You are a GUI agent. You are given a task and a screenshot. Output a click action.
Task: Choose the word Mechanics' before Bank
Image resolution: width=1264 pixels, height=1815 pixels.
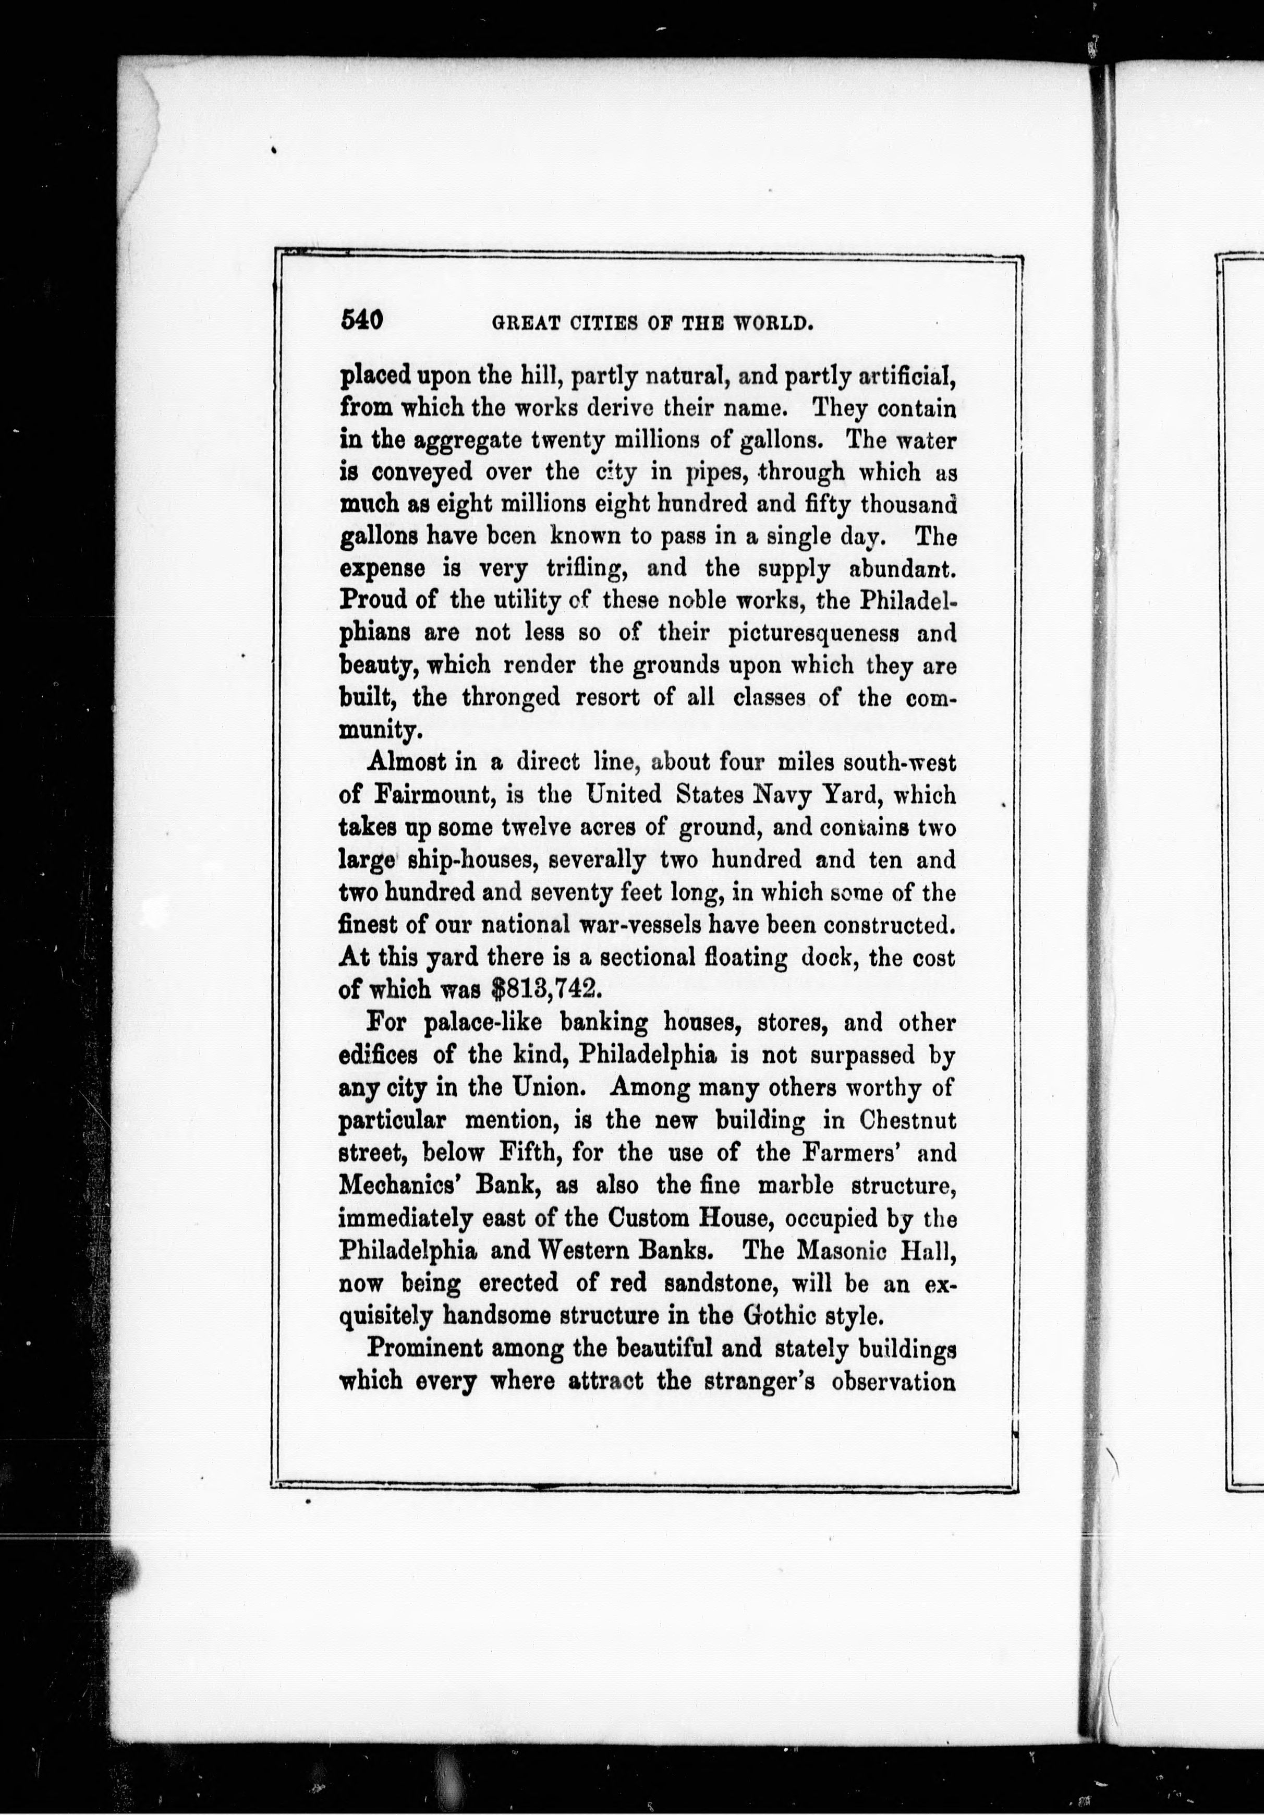click(398, 1186)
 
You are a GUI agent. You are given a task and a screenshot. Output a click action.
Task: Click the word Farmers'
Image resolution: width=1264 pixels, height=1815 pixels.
click(850, 1153)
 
